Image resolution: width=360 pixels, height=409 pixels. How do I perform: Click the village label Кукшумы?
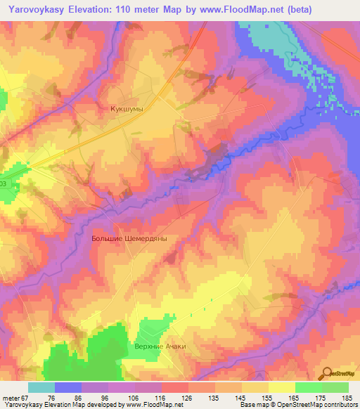coord(127,109)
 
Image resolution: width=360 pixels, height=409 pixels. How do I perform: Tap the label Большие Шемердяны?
coord(129,239)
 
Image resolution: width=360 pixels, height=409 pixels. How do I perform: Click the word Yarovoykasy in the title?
coord(35,8)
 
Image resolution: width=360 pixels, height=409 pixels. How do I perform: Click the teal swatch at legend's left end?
coord(41,387)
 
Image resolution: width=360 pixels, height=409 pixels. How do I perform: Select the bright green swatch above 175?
coord(308,387)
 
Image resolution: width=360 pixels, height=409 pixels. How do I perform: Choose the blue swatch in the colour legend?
coord(67,387)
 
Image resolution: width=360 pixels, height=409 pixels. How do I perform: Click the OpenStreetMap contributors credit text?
coord(316,405)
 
